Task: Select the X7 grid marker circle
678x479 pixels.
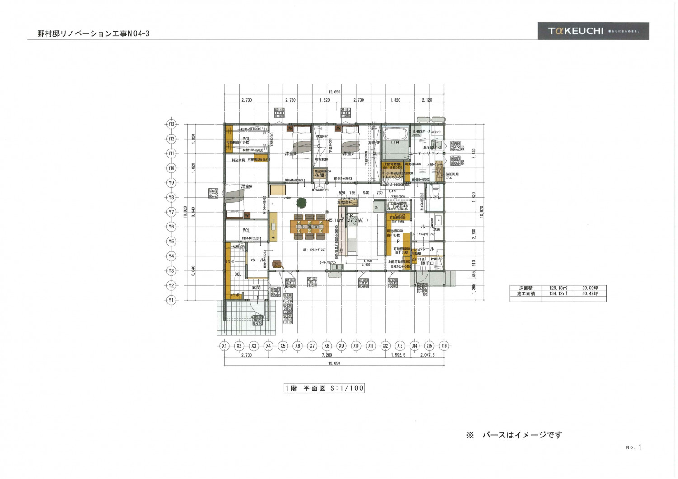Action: [x=312, y=346]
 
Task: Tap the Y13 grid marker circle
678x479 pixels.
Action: [x=171, y=124]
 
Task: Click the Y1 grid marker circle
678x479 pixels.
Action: [x=171, y=300]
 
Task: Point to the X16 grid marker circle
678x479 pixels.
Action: [x=443, y=346]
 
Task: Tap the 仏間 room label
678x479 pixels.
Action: [x=320, y=176]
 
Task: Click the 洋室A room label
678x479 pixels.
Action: [x=246, y=186]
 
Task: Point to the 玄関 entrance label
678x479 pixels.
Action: [x=256, y=287]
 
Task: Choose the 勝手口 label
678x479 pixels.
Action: [x=427, y=263]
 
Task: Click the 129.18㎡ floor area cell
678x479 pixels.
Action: [x=559, y=288]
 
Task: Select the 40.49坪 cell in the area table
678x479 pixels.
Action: [x=590, y=293]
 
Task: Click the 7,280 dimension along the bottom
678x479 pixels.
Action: [x=327, y=355]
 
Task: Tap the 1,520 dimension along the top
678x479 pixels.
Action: [x=324, y=100]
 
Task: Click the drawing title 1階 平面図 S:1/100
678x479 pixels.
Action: [x=324, y=388]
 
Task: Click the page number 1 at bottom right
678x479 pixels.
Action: [x=640, y=447]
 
